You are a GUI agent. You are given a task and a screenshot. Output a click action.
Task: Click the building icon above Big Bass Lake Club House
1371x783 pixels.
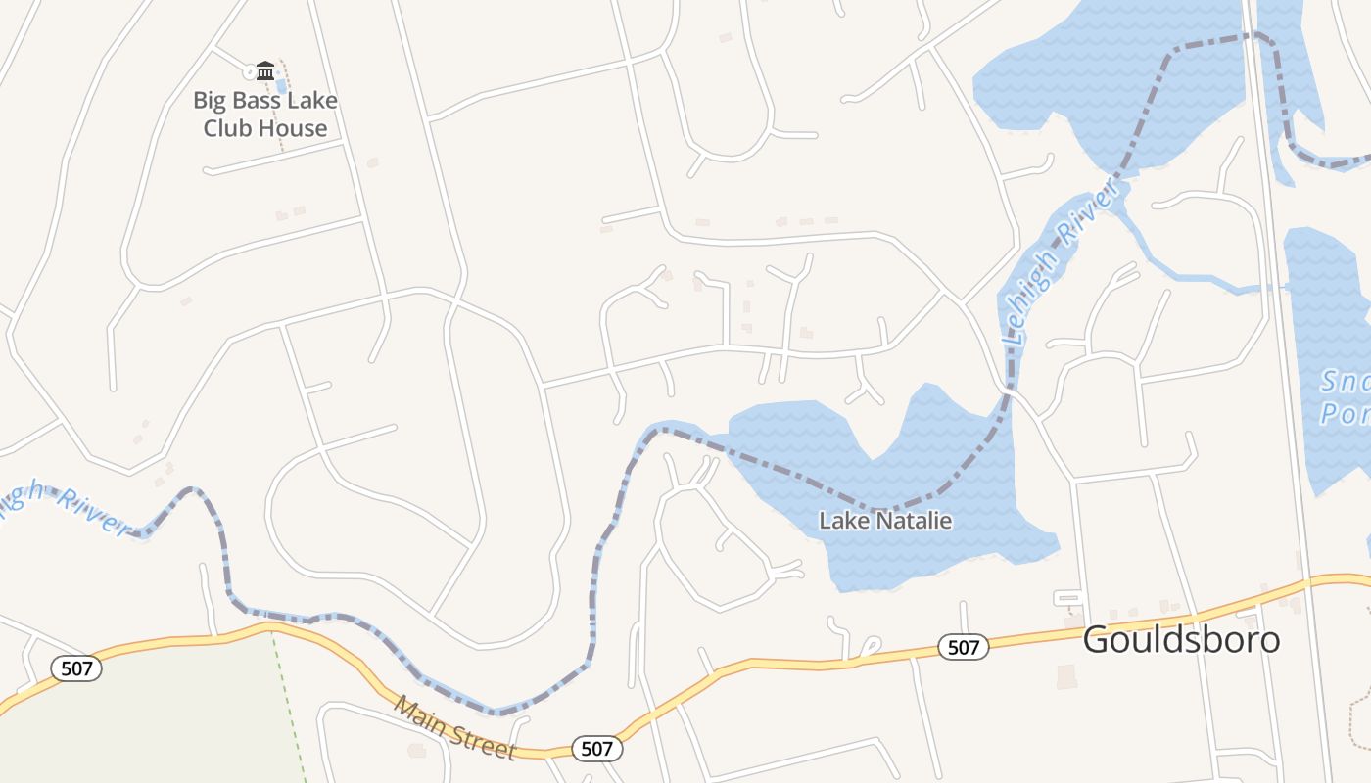click(265, 70)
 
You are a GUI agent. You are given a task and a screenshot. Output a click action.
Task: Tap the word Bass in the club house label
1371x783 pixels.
click(259, 100)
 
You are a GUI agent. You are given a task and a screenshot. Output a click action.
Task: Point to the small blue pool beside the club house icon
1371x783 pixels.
click(281, 86)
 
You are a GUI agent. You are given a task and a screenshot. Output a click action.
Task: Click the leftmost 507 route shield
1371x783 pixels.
click(76, 668)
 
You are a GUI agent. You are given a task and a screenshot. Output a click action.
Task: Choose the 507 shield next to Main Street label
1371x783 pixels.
click(596, 749)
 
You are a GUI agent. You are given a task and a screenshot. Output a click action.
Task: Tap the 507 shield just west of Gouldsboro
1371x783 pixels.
click(963, 647)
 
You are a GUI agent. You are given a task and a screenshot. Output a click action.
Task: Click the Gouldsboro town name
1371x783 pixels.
click(1181, 639)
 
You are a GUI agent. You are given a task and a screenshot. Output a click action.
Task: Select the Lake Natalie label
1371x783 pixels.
click(885, 521)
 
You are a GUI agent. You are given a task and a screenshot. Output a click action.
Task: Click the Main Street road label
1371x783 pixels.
click(455, 728)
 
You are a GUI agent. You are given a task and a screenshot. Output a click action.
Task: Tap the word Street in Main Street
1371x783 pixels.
click(481, 740)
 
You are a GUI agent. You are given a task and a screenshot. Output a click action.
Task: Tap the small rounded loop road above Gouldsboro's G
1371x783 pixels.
click(1067, 597)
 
